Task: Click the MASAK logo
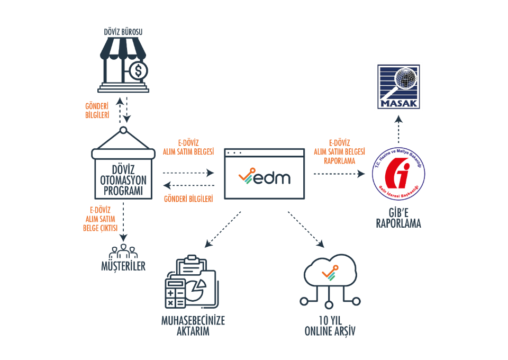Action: click(x=398, y=86)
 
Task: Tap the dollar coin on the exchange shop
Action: click(x=139, y=70)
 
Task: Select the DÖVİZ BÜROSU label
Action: click(x=123, y=32)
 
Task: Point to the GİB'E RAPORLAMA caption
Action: click(x=398, y=218)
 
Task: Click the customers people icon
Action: click(x=123, y=249)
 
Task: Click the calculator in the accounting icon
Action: click(x=176, y=295)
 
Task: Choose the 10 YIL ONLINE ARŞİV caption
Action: click(x=330, y=326)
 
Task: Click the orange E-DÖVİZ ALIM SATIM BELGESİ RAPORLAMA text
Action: click(x=339, y=151)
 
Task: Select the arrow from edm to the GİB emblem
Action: click(x=339, y=173)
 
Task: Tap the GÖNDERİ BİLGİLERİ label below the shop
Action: click(x=97, y=111)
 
